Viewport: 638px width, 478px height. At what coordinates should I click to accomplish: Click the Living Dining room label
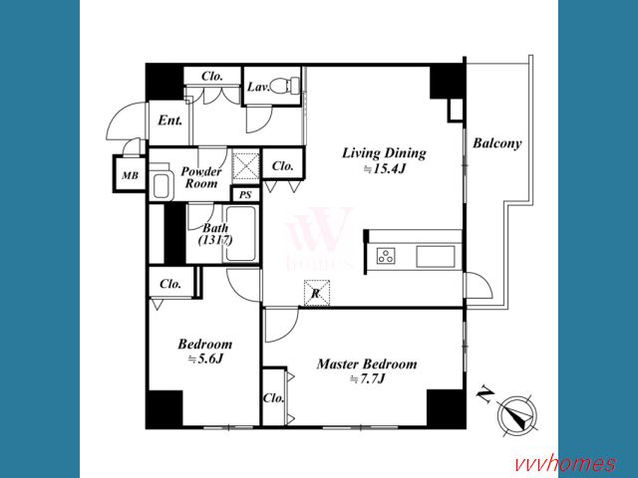pos(384,153)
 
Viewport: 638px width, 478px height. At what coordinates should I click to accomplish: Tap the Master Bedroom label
pos(367,363)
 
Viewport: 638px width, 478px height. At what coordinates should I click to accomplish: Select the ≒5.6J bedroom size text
pos(205,359)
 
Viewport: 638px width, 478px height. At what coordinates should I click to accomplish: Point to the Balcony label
pos(496,143)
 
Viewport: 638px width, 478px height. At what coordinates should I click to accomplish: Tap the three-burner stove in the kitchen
pos(386,256)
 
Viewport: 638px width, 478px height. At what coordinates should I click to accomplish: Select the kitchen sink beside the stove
pos(436,257)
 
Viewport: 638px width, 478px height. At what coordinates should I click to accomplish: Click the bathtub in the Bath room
pos(240,235)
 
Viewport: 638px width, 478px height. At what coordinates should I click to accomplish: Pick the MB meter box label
pos(131,175)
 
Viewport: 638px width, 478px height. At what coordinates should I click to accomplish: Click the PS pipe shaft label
pos(245,195)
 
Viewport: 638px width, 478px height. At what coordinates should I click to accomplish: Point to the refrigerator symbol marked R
pos(317,293)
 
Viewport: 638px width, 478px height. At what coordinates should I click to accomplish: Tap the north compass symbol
pos(516,415)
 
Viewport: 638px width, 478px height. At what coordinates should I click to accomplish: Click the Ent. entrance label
pos(170,120)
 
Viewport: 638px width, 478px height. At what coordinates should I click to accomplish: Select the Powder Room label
pos(201,177)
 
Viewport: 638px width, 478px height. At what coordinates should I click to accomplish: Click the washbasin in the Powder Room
pos(159,183)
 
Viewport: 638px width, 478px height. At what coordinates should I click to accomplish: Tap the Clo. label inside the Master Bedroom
pos(273,397)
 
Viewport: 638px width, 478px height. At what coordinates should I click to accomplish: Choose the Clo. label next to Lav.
pos(212,76)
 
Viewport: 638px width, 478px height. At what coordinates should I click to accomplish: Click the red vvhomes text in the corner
pos(565,463)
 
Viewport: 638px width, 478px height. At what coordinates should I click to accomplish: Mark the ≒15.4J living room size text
pos(384,169)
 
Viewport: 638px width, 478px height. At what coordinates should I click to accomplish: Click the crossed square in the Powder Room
pos(245,166)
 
